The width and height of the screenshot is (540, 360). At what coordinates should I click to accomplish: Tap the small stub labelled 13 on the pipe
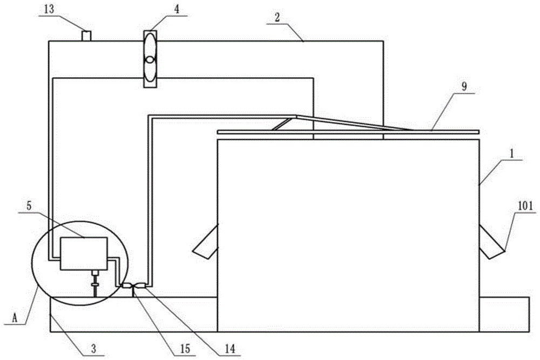[86, 36]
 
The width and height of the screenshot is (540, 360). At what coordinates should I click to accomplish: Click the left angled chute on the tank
[205, 240]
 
